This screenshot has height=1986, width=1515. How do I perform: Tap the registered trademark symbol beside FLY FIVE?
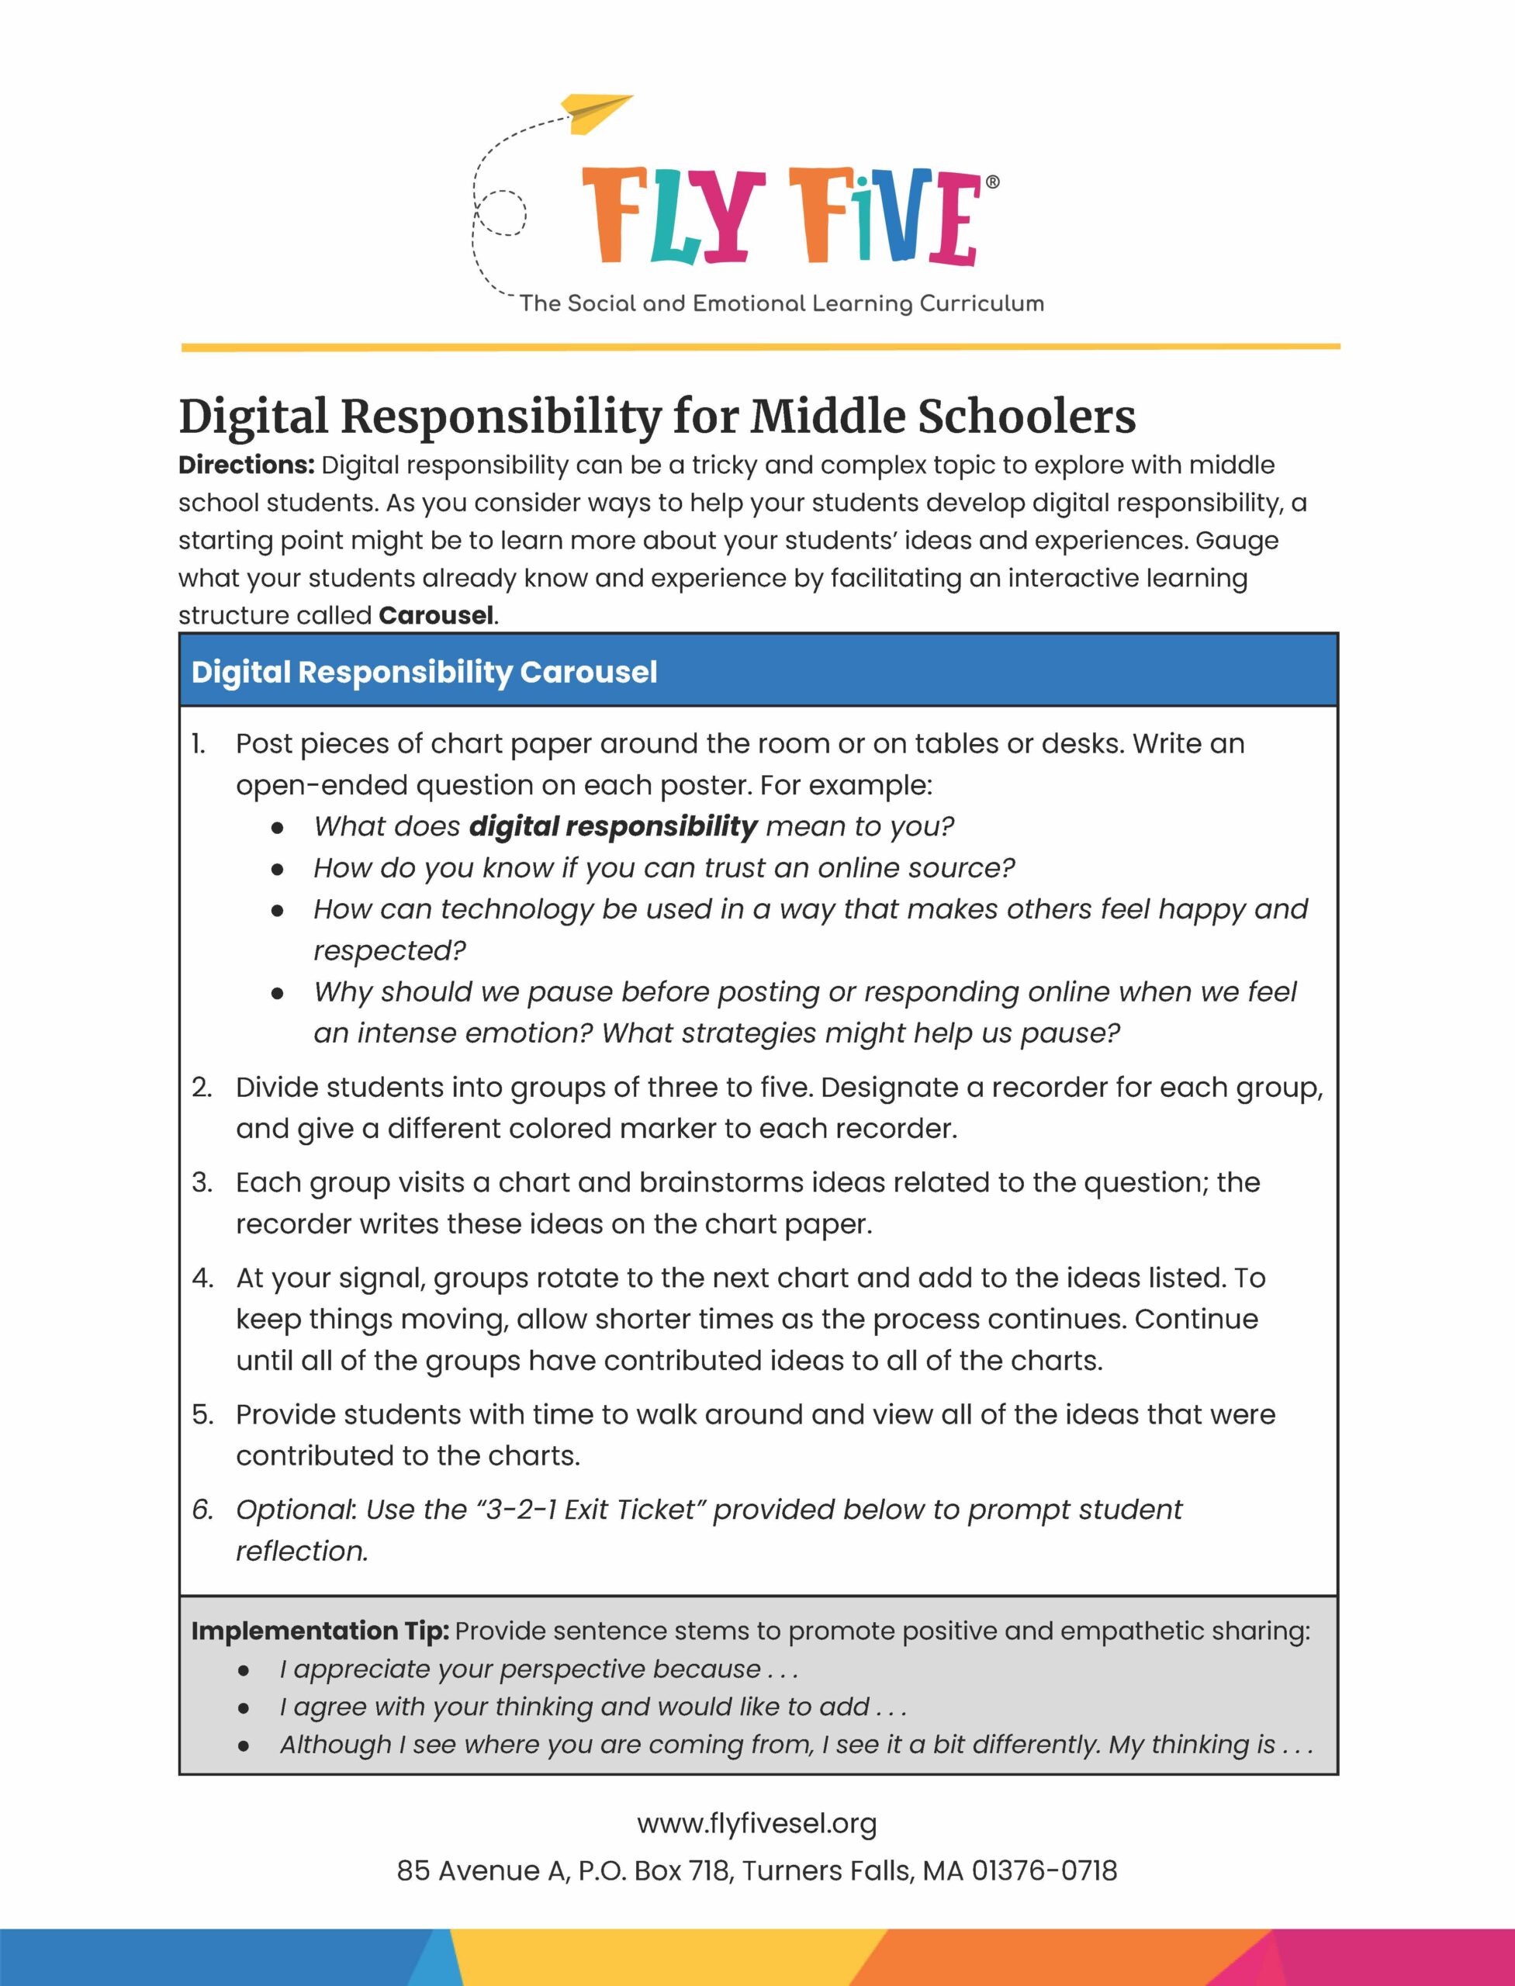993,182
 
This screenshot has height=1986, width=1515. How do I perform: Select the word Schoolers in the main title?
1026,417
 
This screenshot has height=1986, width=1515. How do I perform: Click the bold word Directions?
246,465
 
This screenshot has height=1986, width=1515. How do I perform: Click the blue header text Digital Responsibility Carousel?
424,672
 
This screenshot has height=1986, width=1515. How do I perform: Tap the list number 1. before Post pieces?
199,744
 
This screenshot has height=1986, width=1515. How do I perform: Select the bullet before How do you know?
278,869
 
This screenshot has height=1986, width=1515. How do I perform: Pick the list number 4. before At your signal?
202,1278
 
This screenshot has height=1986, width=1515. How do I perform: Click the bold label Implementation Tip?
320,1631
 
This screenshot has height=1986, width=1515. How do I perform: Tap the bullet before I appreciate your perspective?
244,1670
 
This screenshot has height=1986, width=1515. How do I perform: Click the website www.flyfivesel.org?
756,1824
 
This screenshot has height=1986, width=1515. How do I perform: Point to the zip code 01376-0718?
1043,1870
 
